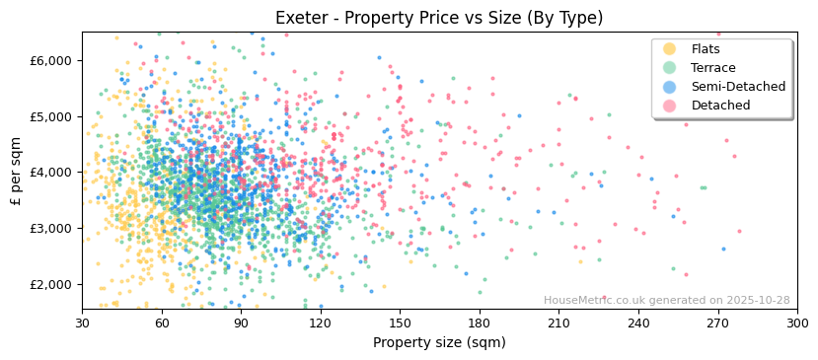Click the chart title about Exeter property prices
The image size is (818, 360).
(x=439, y=18)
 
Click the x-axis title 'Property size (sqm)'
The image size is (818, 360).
(x=439, y=343)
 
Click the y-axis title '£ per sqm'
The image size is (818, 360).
(x=16, y=171)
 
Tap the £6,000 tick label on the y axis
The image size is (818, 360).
(x=51, y=60)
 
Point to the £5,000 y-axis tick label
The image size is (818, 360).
(x=51, y=116)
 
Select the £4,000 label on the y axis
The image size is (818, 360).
(x=51, y=173)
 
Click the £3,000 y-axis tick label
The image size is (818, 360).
(x=51, y=228)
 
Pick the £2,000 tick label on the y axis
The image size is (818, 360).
(x=51, y=284)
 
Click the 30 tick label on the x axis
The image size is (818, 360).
(x=82, y=323)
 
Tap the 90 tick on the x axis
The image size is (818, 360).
(x=241, y=323)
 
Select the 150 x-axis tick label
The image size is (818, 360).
(x=400, y=323)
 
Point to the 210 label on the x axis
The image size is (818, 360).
(x=558, y=323)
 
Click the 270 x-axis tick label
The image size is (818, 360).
(x=717, y=323)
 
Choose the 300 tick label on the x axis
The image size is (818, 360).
(x=796, y=323)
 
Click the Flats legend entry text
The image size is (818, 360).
(x=706, y=49)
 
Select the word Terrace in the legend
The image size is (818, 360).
(x=713, y=68)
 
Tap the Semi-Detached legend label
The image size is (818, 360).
(x=738, y=87)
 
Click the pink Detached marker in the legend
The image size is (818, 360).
(x=670, y=106)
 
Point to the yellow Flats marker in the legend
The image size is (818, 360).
(x=670, y=49)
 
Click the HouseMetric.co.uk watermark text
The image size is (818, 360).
(x=666, y=301)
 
